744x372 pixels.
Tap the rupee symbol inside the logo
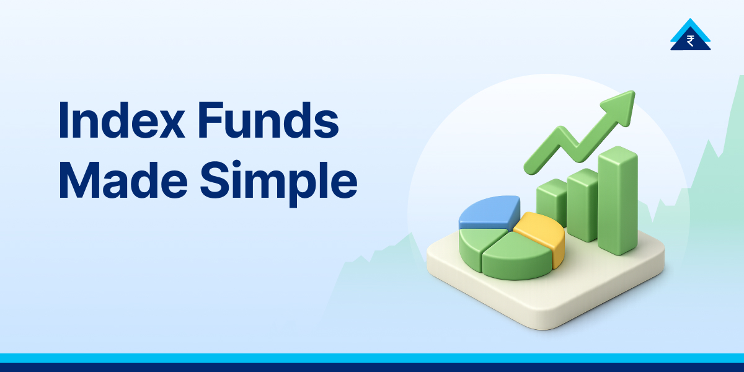coord(690,41)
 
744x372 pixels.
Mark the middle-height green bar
coord(582,205)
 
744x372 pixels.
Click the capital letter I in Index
coord(63,122)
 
